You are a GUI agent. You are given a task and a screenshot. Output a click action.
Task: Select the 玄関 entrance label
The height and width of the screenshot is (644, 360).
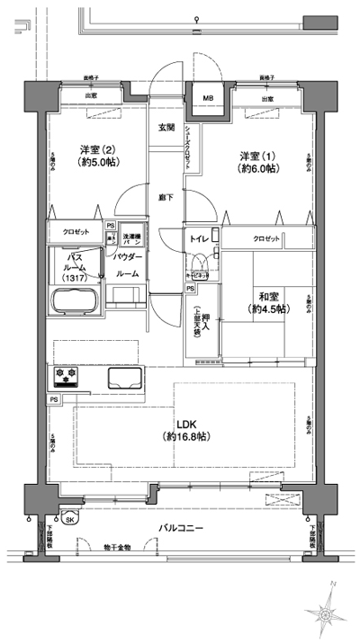click(167, 128)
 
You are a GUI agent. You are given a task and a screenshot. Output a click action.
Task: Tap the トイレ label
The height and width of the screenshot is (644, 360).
click(199, 239)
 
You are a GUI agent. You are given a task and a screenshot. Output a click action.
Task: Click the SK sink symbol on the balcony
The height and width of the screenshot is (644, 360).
click(68, 519)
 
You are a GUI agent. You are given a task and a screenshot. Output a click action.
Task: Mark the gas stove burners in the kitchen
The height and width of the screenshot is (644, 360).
click(65, 374)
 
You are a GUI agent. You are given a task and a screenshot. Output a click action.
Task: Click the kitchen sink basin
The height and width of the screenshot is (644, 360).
click(122, 376)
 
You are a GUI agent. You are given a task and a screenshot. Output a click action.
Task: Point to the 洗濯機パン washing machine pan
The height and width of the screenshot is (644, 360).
click(130, 238)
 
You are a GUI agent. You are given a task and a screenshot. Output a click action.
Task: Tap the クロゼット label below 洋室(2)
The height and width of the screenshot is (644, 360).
click(75, 232)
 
